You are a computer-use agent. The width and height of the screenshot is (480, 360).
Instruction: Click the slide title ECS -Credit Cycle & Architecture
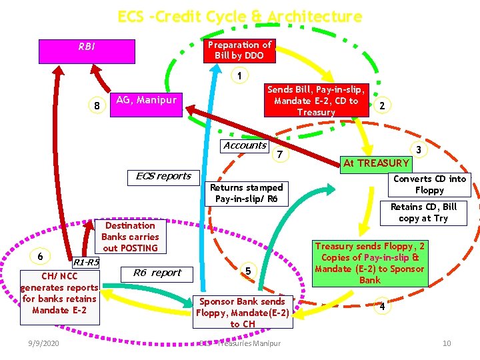tap(239, 17)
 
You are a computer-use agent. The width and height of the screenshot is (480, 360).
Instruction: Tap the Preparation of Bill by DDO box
tap(239, 50)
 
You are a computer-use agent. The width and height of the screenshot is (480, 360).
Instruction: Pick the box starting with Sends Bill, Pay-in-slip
tap(316, 101)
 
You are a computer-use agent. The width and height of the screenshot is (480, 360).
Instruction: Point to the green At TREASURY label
tap(376, 163)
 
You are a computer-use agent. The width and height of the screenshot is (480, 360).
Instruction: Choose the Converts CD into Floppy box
tap(429, 184)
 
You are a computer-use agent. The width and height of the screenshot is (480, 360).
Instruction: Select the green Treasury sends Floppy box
tap(369, 263)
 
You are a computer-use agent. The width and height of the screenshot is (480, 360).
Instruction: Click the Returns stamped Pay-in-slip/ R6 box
tap(247, 193)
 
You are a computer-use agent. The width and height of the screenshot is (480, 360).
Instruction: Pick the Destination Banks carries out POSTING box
tap(130, 237)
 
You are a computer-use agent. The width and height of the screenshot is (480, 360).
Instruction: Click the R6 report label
tap(157, 273)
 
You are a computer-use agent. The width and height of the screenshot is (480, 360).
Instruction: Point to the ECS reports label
tap(163, 177)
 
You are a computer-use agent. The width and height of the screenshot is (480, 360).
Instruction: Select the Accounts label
tap(245, 145)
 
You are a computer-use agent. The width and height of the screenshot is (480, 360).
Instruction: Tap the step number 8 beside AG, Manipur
tap(97, 105)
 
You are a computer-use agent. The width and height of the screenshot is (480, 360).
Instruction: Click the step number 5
tap(248, 271)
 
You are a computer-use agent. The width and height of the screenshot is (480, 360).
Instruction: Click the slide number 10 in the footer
tap(447, 343)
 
